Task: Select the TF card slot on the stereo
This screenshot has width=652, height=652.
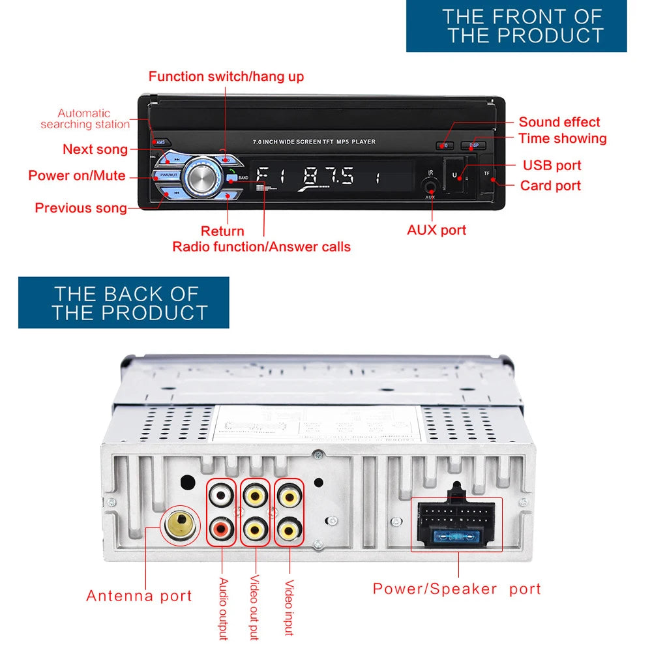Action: pos(486,175)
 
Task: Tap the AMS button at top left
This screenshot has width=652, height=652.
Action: pos(160,142)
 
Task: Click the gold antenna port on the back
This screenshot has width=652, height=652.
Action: pos(177,524)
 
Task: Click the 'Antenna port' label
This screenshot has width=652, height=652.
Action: pos(139,595)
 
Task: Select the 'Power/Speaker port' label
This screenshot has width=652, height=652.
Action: pos(456,589)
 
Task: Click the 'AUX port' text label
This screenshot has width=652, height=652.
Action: pos(436,230)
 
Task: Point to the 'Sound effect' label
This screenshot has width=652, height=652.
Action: pos(559,122)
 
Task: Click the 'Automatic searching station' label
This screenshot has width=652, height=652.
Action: pos(85,119)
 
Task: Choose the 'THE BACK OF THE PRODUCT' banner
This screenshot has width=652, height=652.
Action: pos(124,303)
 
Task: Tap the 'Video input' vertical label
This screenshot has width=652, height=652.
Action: pos(289,608)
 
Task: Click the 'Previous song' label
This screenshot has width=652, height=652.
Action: pos(80,208)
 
